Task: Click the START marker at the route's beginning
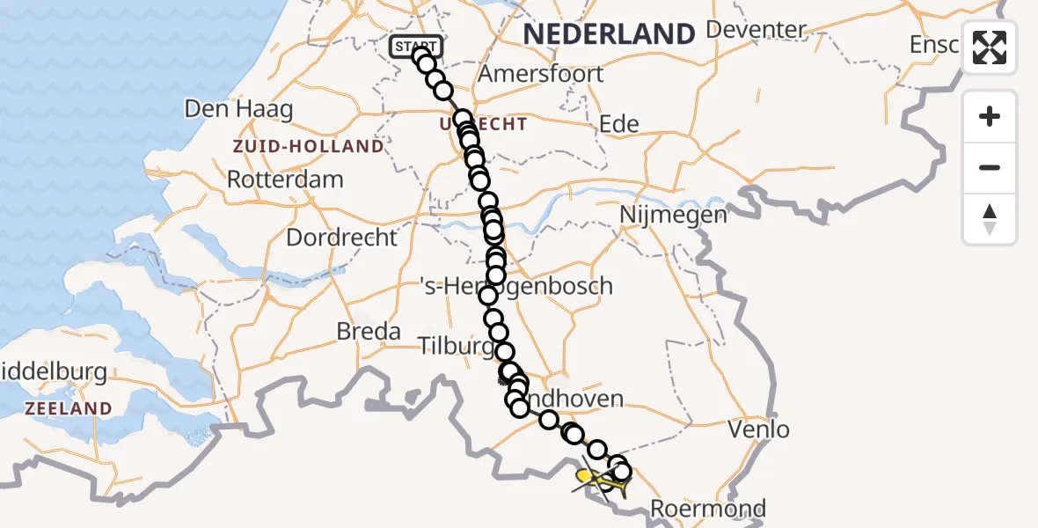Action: click(x=415, y=46)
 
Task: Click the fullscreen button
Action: click(x=990, y=48)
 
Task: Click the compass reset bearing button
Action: click(x=990, y=218)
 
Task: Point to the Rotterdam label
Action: click(x=285, y=180)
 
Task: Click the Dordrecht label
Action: click(x=341, y=238)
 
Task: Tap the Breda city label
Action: click(x=369, y=332)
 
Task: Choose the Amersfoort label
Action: click(x=540, y=73)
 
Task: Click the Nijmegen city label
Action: click(x=673, y=215)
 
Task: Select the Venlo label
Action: click(x=759, y=429)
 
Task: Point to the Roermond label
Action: click(x=708, y=508)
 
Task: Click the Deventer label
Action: click(x=756, y=30)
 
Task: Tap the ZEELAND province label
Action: click(x=68, y=408)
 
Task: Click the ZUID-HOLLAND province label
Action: click(x=308, y=146)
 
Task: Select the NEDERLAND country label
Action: click(x=609, y=34)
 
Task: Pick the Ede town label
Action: click(x=618, y=123)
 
